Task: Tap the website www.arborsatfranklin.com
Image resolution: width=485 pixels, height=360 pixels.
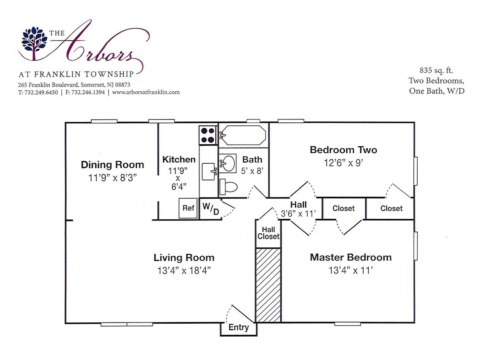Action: pyautogui.click(x=146, y=92)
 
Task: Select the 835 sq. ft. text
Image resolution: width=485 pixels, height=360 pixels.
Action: pyautogui.click(x=436, y=70)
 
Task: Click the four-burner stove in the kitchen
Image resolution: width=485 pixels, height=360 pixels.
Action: pyautogui.click(x=208, y=135)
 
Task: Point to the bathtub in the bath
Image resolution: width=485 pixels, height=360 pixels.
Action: pyautogui.click(x=244, y=135)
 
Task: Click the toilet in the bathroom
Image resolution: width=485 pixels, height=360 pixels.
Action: pyautogui.click(x=228, y=187)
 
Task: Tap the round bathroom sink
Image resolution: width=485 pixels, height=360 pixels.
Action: pyautogui.click(x=228, y=163)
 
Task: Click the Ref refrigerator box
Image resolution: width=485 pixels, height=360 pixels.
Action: pyautogui.click(x=188, y=208)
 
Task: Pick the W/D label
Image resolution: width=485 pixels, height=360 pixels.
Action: pyautogui.click(x=211, y=208)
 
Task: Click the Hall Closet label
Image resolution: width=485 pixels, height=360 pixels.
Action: pyautogui.click(x=268, y=233)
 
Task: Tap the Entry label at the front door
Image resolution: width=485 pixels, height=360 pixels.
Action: pyautogui.click(x=239, y=328)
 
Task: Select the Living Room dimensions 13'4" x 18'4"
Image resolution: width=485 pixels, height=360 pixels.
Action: pyautogui.click(x=184, y=270)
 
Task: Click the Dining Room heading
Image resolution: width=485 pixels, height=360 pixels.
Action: pyautogui.click(x=112, y=165)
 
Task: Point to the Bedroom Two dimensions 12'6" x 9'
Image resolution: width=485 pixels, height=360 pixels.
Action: pyautogui.click(x=344, y=163)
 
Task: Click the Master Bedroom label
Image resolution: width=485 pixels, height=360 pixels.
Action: pyautogui.click(x=351, y=257)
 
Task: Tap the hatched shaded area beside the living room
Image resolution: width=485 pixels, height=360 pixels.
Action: pyautogui.click(x=268, y=285)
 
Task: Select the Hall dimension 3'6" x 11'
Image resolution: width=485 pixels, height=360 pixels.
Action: pyautogui.click(x=298, y=214)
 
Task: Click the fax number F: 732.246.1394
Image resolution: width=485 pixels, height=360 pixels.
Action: pyautogui.click(x=85, y=92)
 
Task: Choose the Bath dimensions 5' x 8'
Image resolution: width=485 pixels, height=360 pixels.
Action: pyautogui.click(x=252, y=171)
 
